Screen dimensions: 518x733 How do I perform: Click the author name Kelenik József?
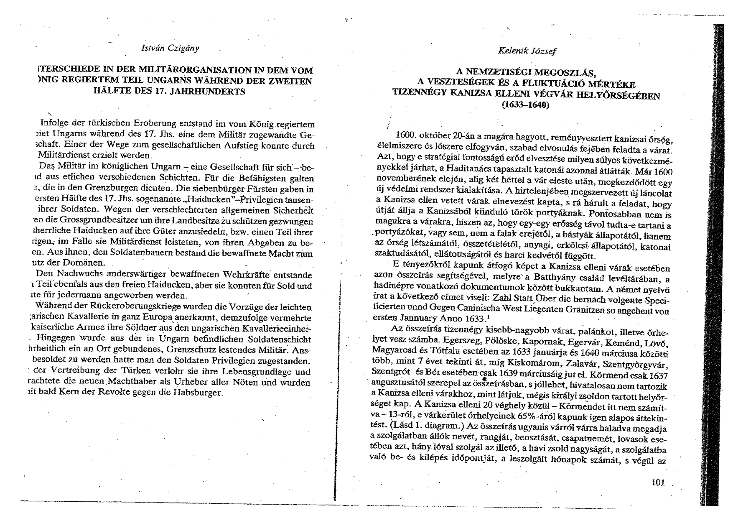click(527, 51)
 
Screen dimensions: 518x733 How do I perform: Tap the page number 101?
click(658, 483)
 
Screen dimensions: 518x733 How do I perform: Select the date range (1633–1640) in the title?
click(525, 105)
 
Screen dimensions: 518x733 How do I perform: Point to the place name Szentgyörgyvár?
click(640, 363)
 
